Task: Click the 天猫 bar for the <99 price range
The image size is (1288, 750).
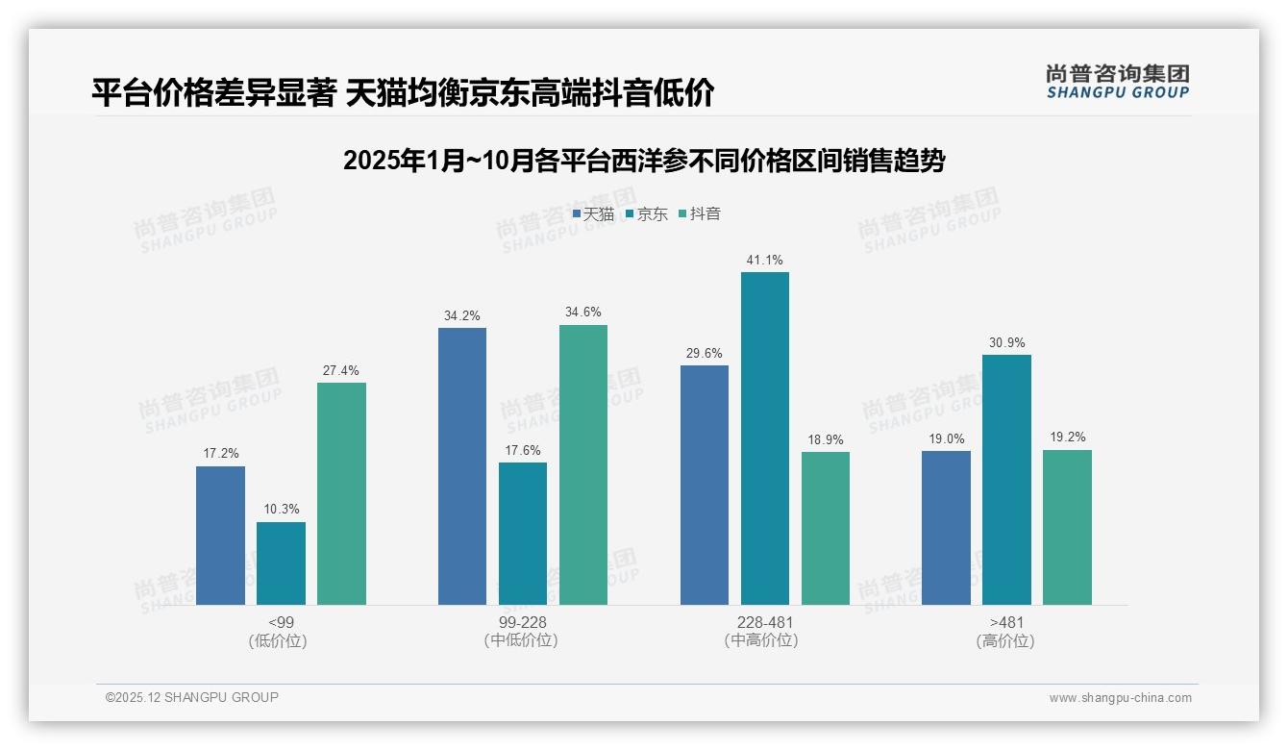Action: (220, 536)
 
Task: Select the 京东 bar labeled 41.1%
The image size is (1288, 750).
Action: (764, 438)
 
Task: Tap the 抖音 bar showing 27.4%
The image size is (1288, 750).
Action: (341, 493)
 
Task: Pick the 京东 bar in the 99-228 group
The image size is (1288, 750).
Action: (522, 534)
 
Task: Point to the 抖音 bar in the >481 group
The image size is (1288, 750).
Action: (1067, 527)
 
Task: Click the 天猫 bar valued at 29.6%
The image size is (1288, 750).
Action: (704, 485)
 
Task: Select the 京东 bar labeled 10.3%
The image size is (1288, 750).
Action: (281, 563)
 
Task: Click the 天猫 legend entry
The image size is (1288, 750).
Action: (593, 214)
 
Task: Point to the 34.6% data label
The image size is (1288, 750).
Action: (583, 312)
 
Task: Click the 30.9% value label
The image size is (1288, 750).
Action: (1006, 342)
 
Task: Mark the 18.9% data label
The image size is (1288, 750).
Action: (826, 439)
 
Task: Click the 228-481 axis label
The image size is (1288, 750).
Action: (765, 623)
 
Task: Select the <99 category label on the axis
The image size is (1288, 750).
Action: (281, 623)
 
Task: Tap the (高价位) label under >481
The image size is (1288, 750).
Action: (1005, 641)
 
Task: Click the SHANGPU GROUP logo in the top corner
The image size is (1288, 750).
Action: (1117, 81)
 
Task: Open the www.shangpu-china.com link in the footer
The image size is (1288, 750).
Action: (1120, 698)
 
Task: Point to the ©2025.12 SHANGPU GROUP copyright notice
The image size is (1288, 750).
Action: (192, 698)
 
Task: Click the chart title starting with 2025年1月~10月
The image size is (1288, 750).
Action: (644, 161)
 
